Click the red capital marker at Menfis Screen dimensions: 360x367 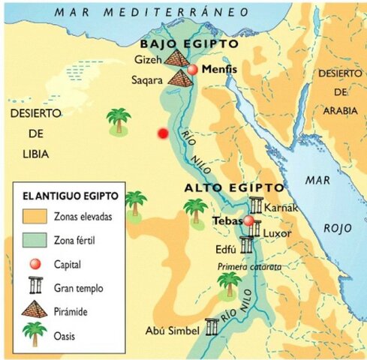tap(193, 69)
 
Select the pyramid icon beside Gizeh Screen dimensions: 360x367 tap(178, 57)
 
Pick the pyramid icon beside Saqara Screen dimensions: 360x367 tap(180, 76)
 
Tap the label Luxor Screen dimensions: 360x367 tap(277, 233)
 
